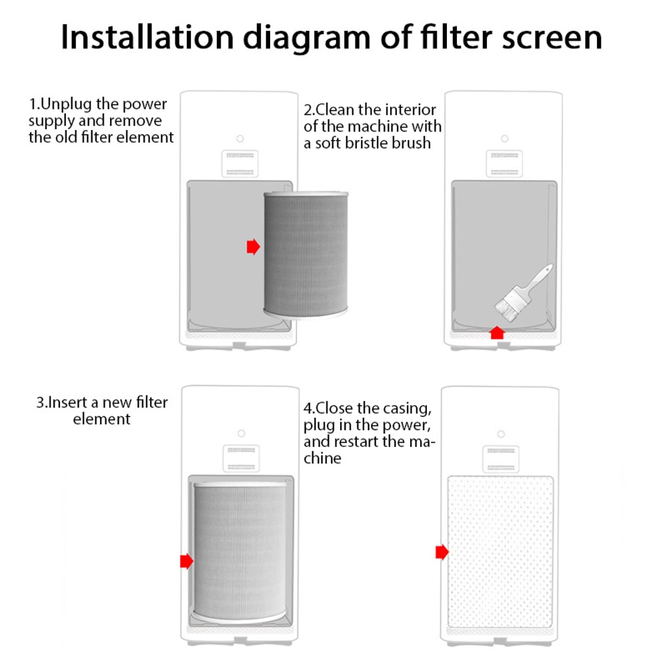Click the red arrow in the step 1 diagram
click(253, 247)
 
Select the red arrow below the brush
click(496, 332)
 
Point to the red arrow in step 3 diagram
click(187, 561)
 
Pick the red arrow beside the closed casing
click(442, 552)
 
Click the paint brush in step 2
click(523, 290)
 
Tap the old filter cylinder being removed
click(305, 253)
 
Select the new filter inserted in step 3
click(240, 550)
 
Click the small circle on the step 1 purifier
click(240, 139)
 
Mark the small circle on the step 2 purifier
click(504, 139)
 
